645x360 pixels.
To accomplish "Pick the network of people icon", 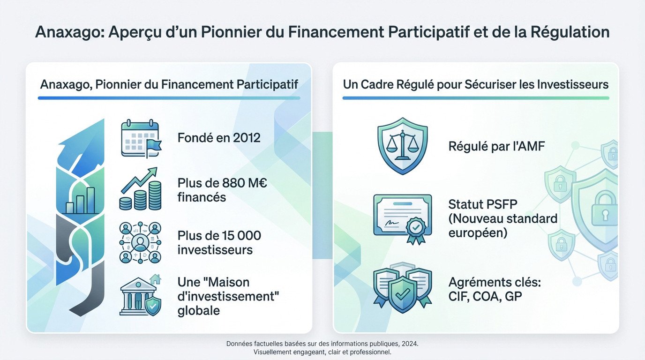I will (140, 242).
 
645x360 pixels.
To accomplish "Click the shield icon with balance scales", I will (402, 146).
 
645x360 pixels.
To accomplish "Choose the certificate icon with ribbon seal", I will (402, 217).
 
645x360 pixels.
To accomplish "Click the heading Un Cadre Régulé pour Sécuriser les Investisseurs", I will (476, 85).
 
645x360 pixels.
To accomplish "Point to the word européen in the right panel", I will (478, 232).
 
